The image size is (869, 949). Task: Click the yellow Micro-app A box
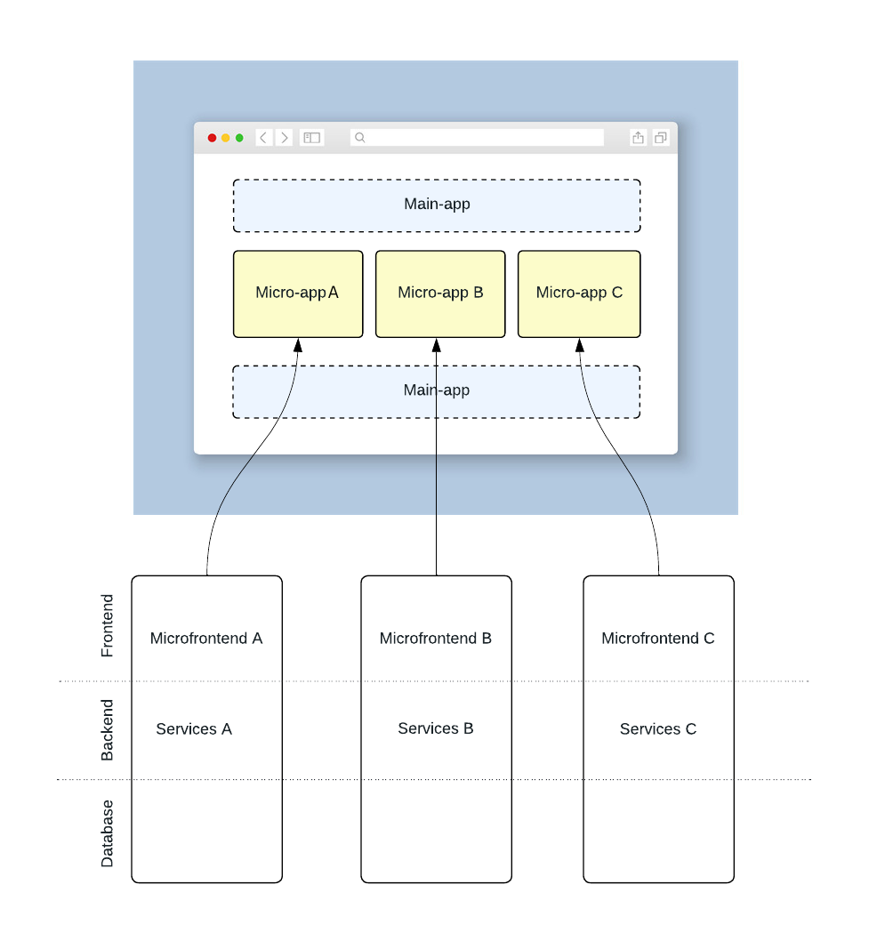click(x=298, y=294)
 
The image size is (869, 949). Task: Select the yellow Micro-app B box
click(x=440, y=294)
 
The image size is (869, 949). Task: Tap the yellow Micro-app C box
click(x=579, y=294)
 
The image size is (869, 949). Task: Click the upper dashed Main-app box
click(x=437, y=205)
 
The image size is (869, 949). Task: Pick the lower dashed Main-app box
click(x=437, y=391)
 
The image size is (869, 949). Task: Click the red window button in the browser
click(x=212, y=138)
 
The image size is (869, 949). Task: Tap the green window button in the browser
click(x=239, y=138)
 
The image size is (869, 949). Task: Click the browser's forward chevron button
click(x=285, y=138)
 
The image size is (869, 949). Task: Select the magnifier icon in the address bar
click(x=360, y=138)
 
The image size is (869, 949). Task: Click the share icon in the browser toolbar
click(x=638, y=138)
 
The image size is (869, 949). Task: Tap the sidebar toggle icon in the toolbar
click(x=312, y=138)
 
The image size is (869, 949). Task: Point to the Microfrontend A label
click(x=206, y=639)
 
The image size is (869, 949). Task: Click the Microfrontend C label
click(x=658, y=639)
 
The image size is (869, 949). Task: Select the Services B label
click(x=436, y=729)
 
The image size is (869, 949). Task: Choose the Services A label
click(x=194, y=729)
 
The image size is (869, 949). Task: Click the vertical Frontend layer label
click(x=108, y=626)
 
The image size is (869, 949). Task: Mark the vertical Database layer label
click(x=108, y=833)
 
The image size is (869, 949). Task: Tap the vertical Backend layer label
click(x=108, y=730)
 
